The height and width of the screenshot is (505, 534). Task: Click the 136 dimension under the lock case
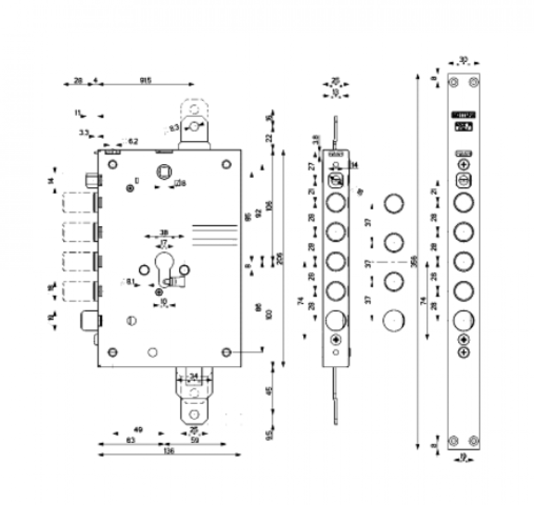(x=169, y=451)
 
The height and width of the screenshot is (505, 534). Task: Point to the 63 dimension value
(x=130, y=440)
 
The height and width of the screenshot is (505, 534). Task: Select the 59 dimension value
(x=195, y=440)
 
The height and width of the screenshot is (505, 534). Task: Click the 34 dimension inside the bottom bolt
(x=193, y=376)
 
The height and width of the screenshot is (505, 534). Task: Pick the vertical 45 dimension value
(x=269, y=390)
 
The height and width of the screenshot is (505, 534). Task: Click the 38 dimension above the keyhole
(x=164, y=233)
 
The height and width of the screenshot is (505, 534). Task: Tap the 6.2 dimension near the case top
(x=133, y=142)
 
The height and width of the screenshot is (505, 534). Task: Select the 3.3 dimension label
(x=84, y=133)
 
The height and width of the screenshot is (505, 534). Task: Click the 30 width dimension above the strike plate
(x=463, y=60)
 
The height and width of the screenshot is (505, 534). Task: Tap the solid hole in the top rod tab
(x=194, y=126)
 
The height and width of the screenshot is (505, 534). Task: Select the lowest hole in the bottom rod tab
(x=193, y=415)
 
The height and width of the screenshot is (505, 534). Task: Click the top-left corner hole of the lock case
(x=112, y=164)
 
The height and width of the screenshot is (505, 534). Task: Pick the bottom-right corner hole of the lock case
(x=226, y=351)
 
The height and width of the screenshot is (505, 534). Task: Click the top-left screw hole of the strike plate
(x=454, y=82)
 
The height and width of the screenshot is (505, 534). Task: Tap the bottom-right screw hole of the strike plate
(x=473, y=440)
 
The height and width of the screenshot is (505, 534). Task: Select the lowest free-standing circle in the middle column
(x=394, y=320)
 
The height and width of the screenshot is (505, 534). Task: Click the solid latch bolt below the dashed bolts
(x=88, y=319)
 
